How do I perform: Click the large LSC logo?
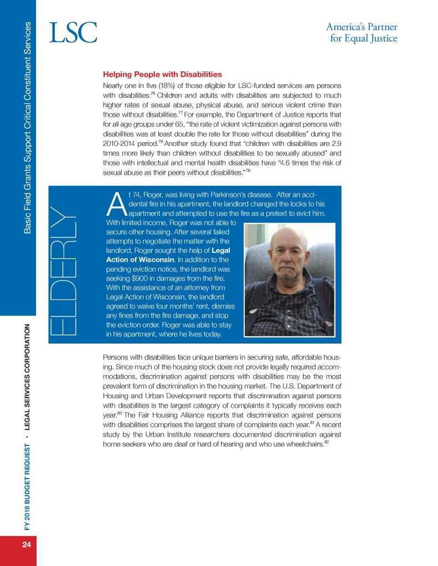73,33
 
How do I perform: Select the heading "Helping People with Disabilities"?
162,74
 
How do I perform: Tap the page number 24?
26,544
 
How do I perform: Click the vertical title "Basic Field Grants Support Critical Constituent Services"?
26,127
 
